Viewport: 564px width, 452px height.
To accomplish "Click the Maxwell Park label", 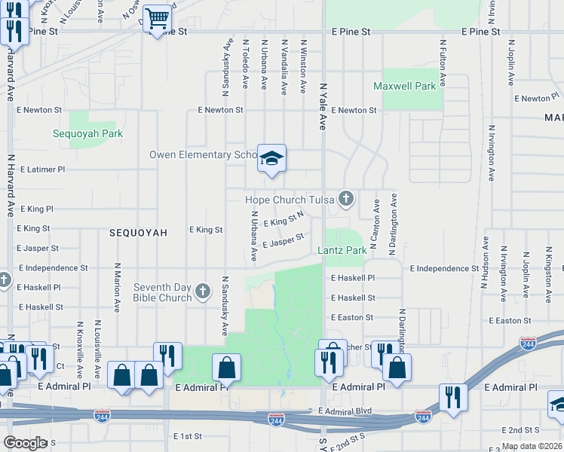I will pos(405,86).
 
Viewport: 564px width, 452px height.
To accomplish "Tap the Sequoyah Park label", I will pos(87,133).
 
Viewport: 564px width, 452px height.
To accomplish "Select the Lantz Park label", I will pos(341,249).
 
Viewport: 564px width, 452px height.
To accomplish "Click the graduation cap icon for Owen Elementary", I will pos(272,158).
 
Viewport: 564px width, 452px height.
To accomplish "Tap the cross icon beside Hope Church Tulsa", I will pos(346,200).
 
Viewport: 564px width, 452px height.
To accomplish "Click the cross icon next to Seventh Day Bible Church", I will pos(202,292).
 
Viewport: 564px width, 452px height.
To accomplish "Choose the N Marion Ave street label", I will pos(118,287).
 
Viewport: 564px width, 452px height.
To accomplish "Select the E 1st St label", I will pos(188,436).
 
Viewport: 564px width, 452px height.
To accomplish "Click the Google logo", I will pos(25,443).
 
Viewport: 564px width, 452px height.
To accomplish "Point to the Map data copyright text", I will pos(532,446).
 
